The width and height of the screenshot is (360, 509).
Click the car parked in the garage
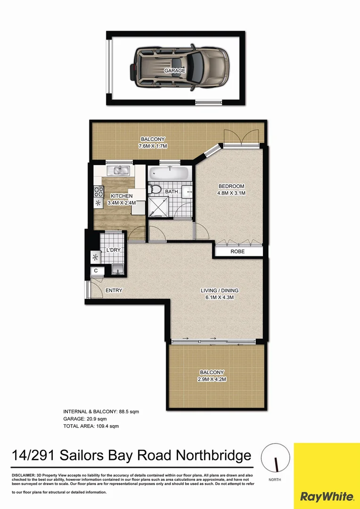[179, 67]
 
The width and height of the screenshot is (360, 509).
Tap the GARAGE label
[174, 71]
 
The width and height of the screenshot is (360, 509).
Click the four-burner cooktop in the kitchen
[98, 191]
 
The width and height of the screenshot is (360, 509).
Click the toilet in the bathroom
[154, 189]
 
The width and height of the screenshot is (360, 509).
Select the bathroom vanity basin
[188, 191]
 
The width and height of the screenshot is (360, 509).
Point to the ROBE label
[238, 252]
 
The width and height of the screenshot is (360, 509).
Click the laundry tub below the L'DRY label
[118, 269]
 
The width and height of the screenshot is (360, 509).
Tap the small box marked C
[96, 271]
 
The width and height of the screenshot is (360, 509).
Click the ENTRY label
[114, 290]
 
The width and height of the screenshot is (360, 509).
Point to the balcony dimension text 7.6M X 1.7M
[153, 146]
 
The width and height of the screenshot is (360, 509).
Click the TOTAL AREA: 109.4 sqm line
[91, 426]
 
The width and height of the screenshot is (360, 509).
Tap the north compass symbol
[273, 458]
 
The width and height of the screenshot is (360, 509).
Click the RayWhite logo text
[327, 496]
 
